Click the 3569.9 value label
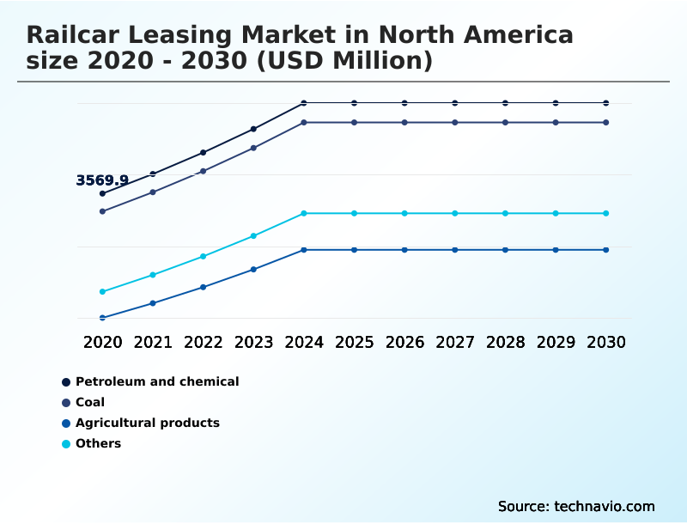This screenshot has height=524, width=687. [102, 180]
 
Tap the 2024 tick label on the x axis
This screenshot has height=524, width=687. [304, 342]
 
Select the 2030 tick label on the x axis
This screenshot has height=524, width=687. [606, 342]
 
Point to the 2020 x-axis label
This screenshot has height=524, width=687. [102, 342]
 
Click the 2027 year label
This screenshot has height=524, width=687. [455, 342]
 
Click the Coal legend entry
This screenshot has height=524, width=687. [90, 402]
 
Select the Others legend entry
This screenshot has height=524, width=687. [98, 443]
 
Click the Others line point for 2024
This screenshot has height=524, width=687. [304, 213]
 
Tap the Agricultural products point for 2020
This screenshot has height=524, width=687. [102, 318]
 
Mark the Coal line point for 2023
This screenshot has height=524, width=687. [253, 148]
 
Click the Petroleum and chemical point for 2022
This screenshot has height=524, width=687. [204, 152]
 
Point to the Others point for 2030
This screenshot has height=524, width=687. [606, 213]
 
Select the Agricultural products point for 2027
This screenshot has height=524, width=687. [455, 250]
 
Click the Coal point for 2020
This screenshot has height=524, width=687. [102, 211]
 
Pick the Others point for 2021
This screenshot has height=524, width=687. [153, 275]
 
